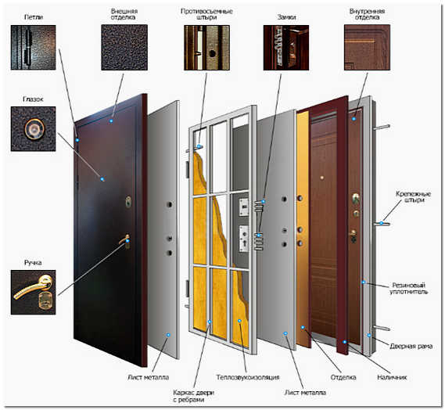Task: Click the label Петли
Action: [x=34, y=17]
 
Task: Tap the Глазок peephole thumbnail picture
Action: [x=33, y=128]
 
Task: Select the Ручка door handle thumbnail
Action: [x=33, y=292]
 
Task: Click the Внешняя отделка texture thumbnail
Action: [x=124, y=48]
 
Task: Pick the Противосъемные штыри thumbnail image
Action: [x=207, y=48]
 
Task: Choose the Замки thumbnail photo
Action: [x=286, y=48]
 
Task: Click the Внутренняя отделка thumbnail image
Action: [x=368, y=48]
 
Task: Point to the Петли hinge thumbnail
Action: [x=33, y=48]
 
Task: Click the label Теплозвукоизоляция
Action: [x=248, y=377]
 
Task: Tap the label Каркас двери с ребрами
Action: [x=193, y=396]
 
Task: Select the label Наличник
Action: [x=392, y=377]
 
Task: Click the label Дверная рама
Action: [x=411, y=346]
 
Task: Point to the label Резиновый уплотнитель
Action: [x=409, y=288]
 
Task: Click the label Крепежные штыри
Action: [x=413, y=196]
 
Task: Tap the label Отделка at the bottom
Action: [x=343, y=377]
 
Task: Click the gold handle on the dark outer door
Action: [x=125, y=240]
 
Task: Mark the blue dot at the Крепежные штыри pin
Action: [x=382, y=223]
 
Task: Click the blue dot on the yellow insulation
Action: [x=239, y=321]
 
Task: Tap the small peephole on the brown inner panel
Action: [x=322, y=178]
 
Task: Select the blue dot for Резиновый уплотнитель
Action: [x=363, y=282]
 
